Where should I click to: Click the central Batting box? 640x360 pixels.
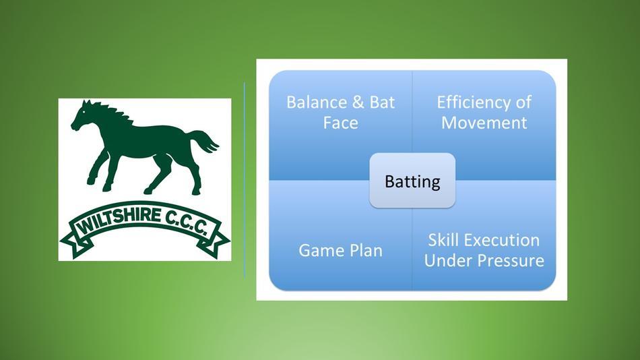412,181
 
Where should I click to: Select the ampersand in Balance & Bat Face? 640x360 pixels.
358,102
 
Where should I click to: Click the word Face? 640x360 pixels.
340,123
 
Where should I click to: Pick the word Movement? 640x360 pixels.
484,123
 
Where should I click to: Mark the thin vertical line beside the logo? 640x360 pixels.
245,180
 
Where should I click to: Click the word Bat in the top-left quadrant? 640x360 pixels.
382,102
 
